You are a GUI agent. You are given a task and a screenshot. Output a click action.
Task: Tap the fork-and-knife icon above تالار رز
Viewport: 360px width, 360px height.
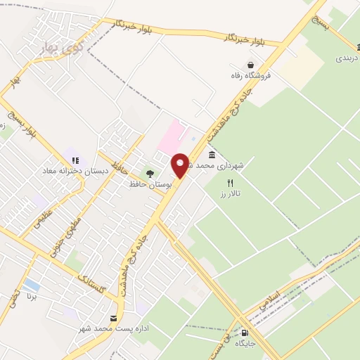pos(229,183)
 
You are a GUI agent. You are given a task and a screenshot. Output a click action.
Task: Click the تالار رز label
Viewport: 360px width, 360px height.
pos(229,193)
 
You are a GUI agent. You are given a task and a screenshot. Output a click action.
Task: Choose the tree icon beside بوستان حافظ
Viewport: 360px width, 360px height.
pos(148,173)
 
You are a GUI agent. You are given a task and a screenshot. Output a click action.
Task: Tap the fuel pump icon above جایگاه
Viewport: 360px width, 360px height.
pos(245,333)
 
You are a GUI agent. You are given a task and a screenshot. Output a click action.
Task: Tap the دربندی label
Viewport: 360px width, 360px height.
pos(347,59)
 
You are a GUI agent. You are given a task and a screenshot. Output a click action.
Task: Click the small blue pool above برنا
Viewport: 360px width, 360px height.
pos(31,285)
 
